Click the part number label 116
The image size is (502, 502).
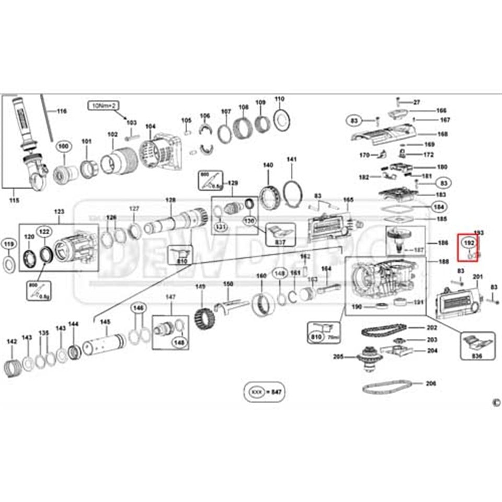(x=62, y=111)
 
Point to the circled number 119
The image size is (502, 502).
(x=8, y=244)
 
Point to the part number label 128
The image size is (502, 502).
(x=170, y=200)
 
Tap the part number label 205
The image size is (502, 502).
(x=338, y=357)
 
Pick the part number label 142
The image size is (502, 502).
(x=12, y=341)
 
